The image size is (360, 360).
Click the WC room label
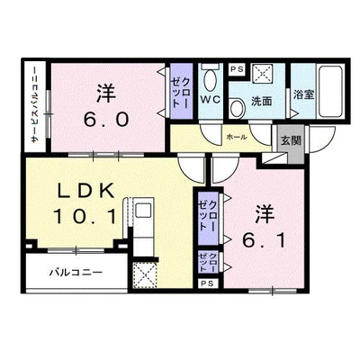tap(211, 99)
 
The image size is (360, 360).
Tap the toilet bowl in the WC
tap(210, 79)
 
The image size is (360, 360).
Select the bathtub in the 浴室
tap(330, 92)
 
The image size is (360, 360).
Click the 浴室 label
tap(303, 94)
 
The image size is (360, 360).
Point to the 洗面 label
tap(261, 102)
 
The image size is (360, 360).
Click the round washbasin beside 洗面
tap(238, 108)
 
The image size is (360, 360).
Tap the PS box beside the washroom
tap(237, 69)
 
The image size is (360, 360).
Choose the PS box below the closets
tap(208, 283)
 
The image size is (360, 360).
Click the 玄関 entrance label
tap(291, 140)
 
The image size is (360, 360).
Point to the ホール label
tap(237, 137)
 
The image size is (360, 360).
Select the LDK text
tap(86, 191)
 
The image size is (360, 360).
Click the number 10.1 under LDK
tap(85, 217)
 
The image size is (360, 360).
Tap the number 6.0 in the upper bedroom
tap(106, 120)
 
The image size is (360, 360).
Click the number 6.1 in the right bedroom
tap(264, 240)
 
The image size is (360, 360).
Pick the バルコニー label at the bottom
tap(76, 273)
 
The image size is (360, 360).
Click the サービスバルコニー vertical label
tap(35, 104)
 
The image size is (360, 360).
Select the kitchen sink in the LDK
tap(143, 210)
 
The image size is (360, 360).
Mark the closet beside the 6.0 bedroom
tap(181, 91)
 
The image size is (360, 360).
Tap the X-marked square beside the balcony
tap(145, 275)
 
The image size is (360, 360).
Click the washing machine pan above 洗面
tap(263, 73)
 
